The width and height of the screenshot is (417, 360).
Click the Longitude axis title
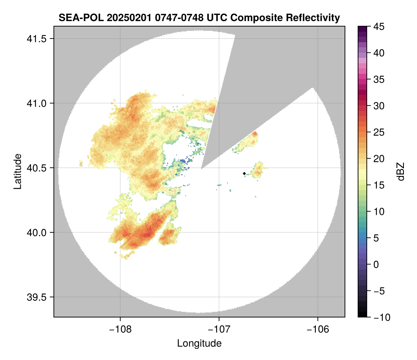click(x=199, y=343)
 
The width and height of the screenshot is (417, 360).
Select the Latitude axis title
click(x=17, y=171)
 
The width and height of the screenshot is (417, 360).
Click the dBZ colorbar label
click(x=401, y=172)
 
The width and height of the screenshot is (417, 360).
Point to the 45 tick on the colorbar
click(x=379, y=27)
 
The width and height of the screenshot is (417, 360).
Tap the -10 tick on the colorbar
click(x=381, y=317)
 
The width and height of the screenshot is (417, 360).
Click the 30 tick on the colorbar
click(x=379, y=106)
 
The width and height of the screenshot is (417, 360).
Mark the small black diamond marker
click(x=244, y=173)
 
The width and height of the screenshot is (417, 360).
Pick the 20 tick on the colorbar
click(x=379, y=159)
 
